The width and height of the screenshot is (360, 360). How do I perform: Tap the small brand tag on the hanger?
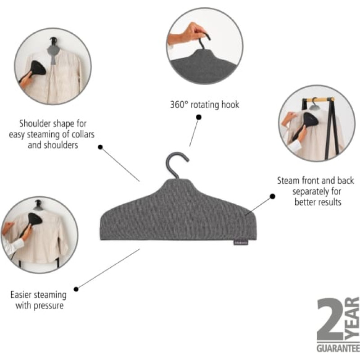point(241,242)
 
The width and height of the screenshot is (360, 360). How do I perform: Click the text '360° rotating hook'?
point(205,105)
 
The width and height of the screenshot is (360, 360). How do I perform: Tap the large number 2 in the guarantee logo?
point(330,319)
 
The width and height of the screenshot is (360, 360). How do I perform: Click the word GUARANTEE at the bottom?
point(338,348)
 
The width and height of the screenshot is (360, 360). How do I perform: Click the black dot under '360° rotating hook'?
point(199,117)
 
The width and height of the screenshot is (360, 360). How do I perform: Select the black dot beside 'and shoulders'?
point(100,147)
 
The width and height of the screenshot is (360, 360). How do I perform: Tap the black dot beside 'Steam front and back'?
point(273,196)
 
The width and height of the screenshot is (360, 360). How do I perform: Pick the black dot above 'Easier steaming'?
point(76,289)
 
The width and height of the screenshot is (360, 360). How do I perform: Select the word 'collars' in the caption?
point(83,134)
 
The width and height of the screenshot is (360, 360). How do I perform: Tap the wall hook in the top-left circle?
point(53,41)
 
